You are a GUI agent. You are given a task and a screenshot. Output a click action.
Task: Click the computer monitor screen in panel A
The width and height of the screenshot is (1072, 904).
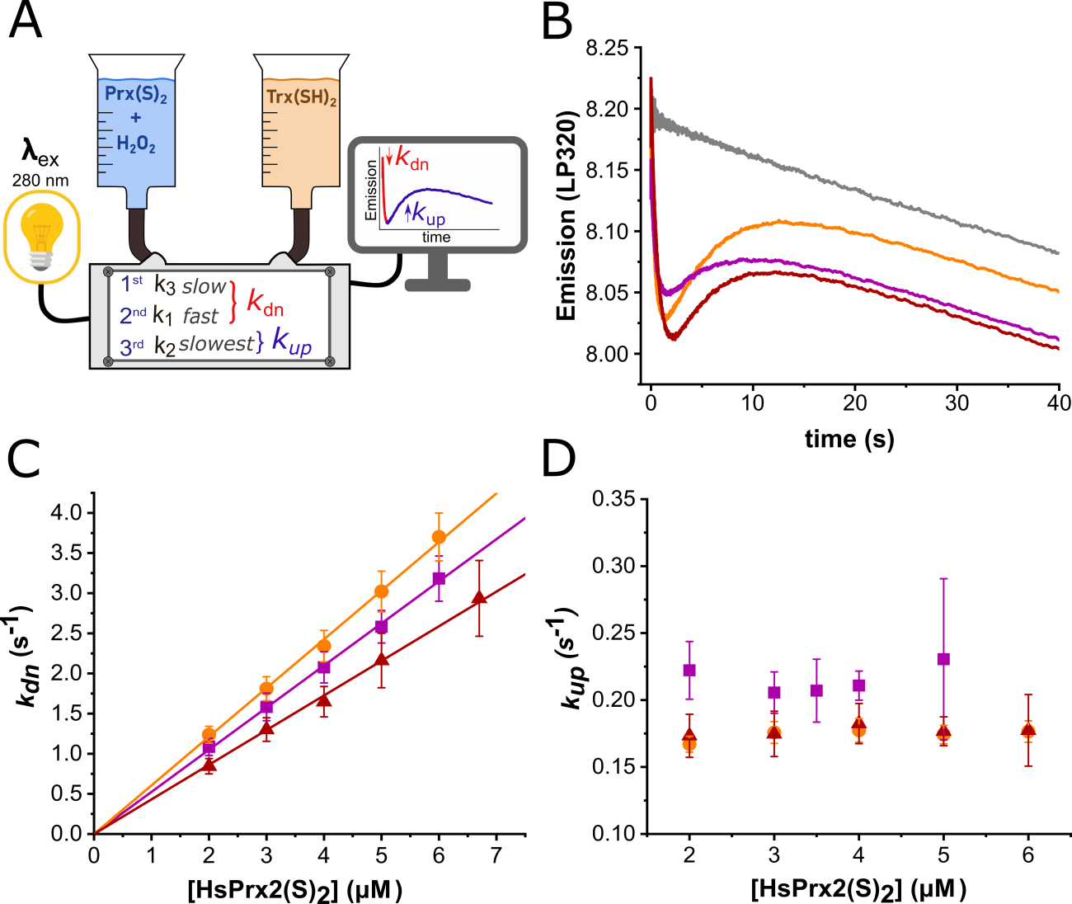(436, 195)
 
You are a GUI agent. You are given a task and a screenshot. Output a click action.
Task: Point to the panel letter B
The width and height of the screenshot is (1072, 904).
(557, 22)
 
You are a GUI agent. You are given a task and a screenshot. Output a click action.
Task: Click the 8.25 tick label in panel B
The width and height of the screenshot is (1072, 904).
(607, 49)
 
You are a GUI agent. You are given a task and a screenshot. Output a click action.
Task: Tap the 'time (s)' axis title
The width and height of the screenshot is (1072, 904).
(849, 439)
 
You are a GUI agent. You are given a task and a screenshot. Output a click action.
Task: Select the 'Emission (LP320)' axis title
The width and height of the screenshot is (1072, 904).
(567, 214)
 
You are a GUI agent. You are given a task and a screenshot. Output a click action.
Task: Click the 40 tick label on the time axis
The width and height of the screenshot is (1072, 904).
(1058, 403)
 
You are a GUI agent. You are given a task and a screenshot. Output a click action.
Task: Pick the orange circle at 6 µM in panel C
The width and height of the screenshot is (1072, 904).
(439, 537)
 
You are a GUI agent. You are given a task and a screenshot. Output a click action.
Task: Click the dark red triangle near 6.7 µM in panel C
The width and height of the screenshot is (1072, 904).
(479, 598)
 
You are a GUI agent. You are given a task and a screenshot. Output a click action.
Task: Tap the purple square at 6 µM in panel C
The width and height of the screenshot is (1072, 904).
(439, 578)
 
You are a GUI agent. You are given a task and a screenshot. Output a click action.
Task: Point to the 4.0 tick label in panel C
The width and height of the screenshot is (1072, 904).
(67, 513)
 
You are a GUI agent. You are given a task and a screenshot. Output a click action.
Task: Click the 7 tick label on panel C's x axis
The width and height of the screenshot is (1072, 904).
(496, 855)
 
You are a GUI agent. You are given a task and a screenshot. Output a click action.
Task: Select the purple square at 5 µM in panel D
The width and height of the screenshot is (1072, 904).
(943, 659)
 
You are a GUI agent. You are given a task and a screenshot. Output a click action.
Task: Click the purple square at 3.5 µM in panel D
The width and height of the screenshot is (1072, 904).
(816, 690)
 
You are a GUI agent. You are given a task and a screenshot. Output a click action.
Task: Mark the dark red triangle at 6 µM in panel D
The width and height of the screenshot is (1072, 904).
(1028, 729)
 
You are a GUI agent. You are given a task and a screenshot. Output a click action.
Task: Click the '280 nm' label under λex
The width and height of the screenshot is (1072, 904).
(40, 181)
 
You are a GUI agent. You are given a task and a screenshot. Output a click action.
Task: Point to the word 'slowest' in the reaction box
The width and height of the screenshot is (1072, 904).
(216, 345)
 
